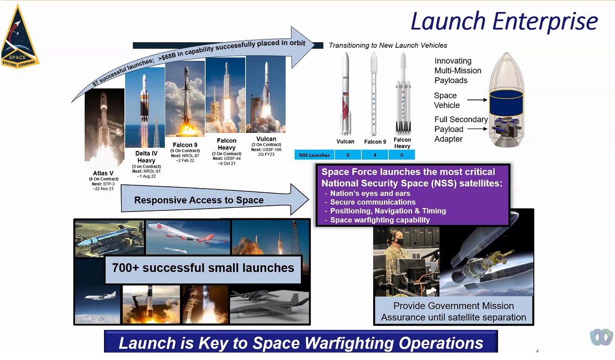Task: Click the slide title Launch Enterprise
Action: point(504,21)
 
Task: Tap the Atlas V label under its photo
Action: point(103,173)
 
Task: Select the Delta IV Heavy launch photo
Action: point(145,107)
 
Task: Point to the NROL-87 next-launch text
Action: point(185,156)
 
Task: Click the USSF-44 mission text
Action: point(227,158)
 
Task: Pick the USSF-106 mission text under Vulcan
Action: point(266,150)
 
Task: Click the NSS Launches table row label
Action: point(314,155)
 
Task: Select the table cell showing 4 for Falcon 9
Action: point(375,155)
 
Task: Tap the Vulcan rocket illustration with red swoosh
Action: point(345,93)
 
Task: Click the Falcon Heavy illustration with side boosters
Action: point(403,93)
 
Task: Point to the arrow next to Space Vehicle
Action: point(477,100)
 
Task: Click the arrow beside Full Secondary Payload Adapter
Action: point(477,129)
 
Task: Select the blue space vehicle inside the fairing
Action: point(506,103)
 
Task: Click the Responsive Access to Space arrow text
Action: point(199,200)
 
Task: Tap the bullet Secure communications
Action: point(373,202)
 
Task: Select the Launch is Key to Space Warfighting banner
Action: point(301,342)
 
